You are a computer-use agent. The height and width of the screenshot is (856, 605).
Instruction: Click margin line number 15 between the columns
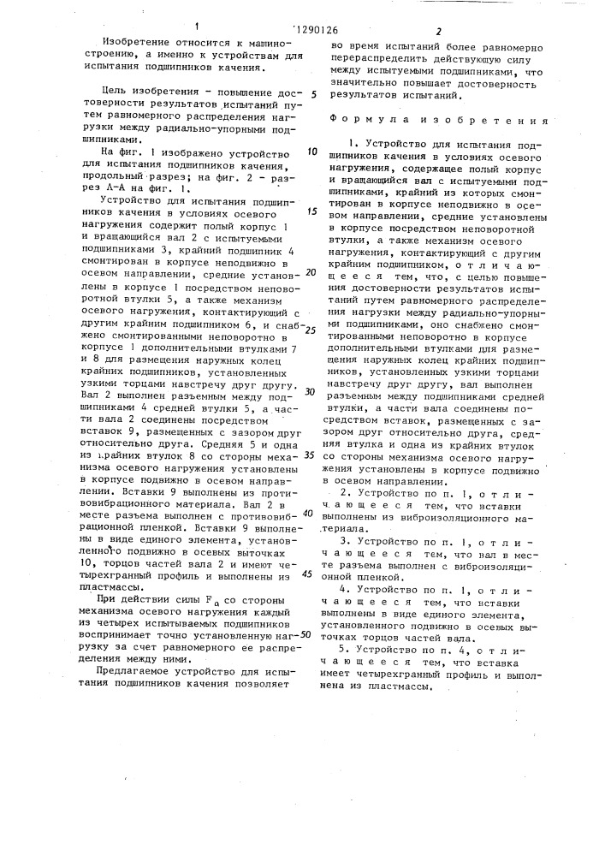click(311, 211)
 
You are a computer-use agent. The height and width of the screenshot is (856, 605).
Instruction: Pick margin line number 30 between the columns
click(311, 391)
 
